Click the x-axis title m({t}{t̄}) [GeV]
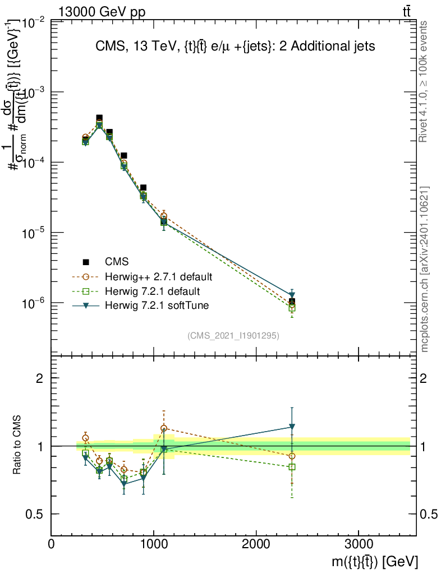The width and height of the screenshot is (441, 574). click(373, 562)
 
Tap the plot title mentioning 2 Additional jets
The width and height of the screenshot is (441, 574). click(234, 47)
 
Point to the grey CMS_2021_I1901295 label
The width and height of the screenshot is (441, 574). click(233, 335)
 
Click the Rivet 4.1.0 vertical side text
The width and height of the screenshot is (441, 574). click(424, 81)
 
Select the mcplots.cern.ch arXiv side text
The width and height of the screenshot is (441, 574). click(425, 269)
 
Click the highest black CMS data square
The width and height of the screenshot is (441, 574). click(99, 118)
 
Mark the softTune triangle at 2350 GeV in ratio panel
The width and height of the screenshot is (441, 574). click(292, 427)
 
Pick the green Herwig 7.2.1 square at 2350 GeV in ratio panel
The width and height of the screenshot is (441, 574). click(292, 467)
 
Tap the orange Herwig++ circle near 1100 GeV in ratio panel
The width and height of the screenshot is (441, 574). click(164, 428)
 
